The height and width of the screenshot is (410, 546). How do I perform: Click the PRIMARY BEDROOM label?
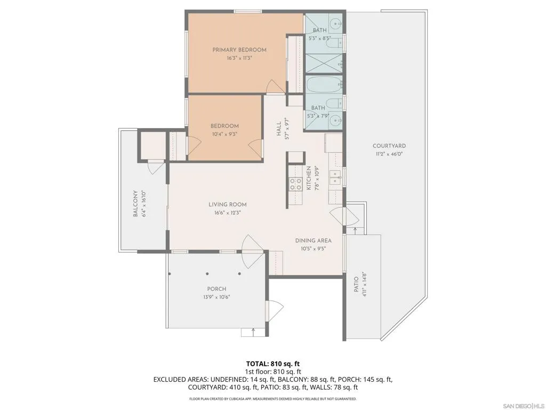[239, 50]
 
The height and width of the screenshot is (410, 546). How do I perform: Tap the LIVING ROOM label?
[227, 204]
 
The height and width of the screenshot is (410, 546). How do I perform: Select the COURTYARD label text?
[389, 146]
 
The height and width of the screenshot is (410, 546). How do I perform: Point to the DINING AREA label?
[313, 241]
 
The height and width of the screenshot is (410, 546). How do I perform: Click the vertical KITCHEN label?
[309, 178]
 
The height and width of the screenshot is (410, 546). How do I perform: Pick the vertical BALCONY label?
[135, 203]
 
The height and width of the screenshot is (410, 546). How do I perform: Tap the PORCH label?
[216, 289]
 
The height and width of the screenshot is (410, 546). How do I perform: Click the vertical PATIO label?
[356, 284]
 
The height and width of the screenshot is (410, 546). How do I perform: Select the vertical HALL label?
[279, 129]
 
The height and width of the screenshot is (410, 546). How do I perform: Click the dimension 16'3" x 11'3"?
[239, 58]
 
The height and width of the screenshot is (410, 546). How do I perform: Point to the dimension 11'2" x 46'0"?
[389, 154]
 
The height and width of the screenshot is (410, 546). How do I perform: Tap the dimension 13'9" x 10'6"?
[216, 297]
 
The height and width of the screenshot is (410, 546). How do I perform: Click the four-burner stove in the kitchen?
[295, 184]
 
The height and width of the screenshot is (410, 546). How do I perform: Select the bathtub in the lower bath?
[324, 85]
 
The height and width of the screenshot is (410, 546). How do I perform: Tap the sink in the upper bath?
[336, 25]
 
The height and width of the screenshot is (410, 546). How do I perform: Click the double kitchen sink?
[335, 177]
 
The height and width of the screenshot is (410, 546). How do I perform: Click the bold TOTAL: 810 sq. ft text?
[273, 364]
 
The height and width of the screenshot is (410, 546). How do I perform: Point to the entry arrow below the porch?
[253, 332]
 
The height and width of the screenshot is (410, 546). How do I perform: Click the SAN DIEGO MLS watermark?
[522, 406]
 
